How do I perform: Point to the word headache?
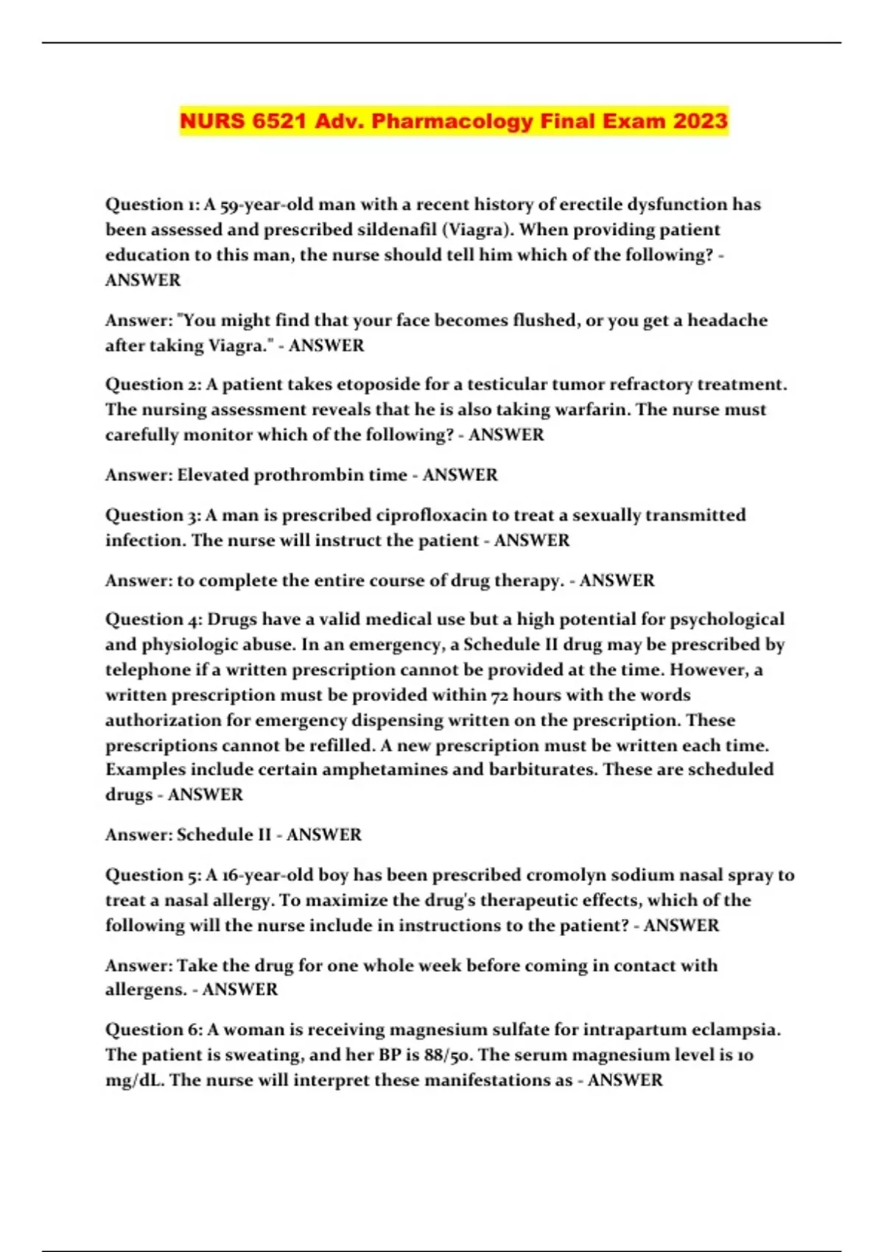727,320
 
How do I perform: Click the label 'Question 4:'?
154,619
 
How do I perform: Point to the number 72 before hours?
499,695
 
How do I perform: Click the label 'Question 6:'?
155,1030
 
